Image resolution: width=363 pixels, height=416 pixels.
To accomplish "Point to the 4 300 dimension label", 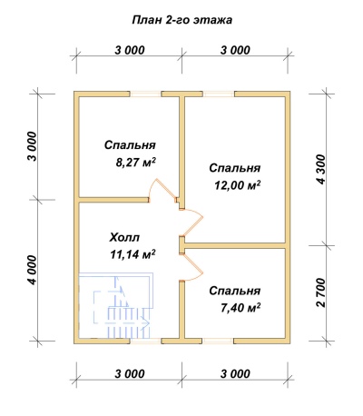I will coord(320,168).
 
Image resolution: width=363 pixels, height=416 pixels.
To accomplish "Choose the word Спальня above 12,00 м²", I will coord(235,168).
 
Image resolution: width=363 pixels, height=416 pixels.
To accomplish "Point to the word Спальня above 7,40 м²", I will coord(235,292).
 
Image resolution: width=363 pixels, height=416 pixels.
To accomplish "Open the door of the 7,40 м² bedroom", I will coord(191,263).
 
